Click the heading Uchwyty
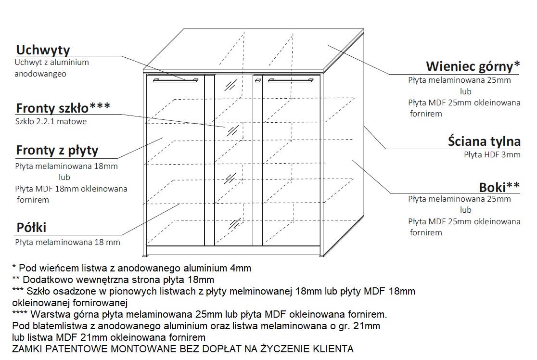tap(43, 50)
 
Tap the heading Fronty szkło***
tap(63, 108)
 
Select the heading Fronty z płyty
tap(57, 150)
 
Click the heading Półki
tap(31, 228)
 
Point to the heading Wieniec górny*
tap(473, 66)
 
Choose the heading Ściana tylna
tap(484, 141)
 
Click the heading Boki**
tap(499, 187)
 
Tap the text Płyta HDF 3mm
tap(492, 155)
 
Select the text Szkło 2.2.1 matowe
tap(51, 122)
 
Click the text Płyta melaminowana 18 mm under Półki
tap(67, 243)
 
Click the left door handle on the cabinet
tap(175, 80)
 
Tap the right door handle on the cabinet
tap(291, 80)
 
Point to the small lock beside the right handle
tap(258, 80)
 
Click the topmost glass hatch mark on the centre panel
tap(230, 85)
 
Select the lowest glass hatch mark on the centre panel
tap(235, 224)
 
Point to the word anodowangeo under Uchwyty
tap(40, 74)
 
